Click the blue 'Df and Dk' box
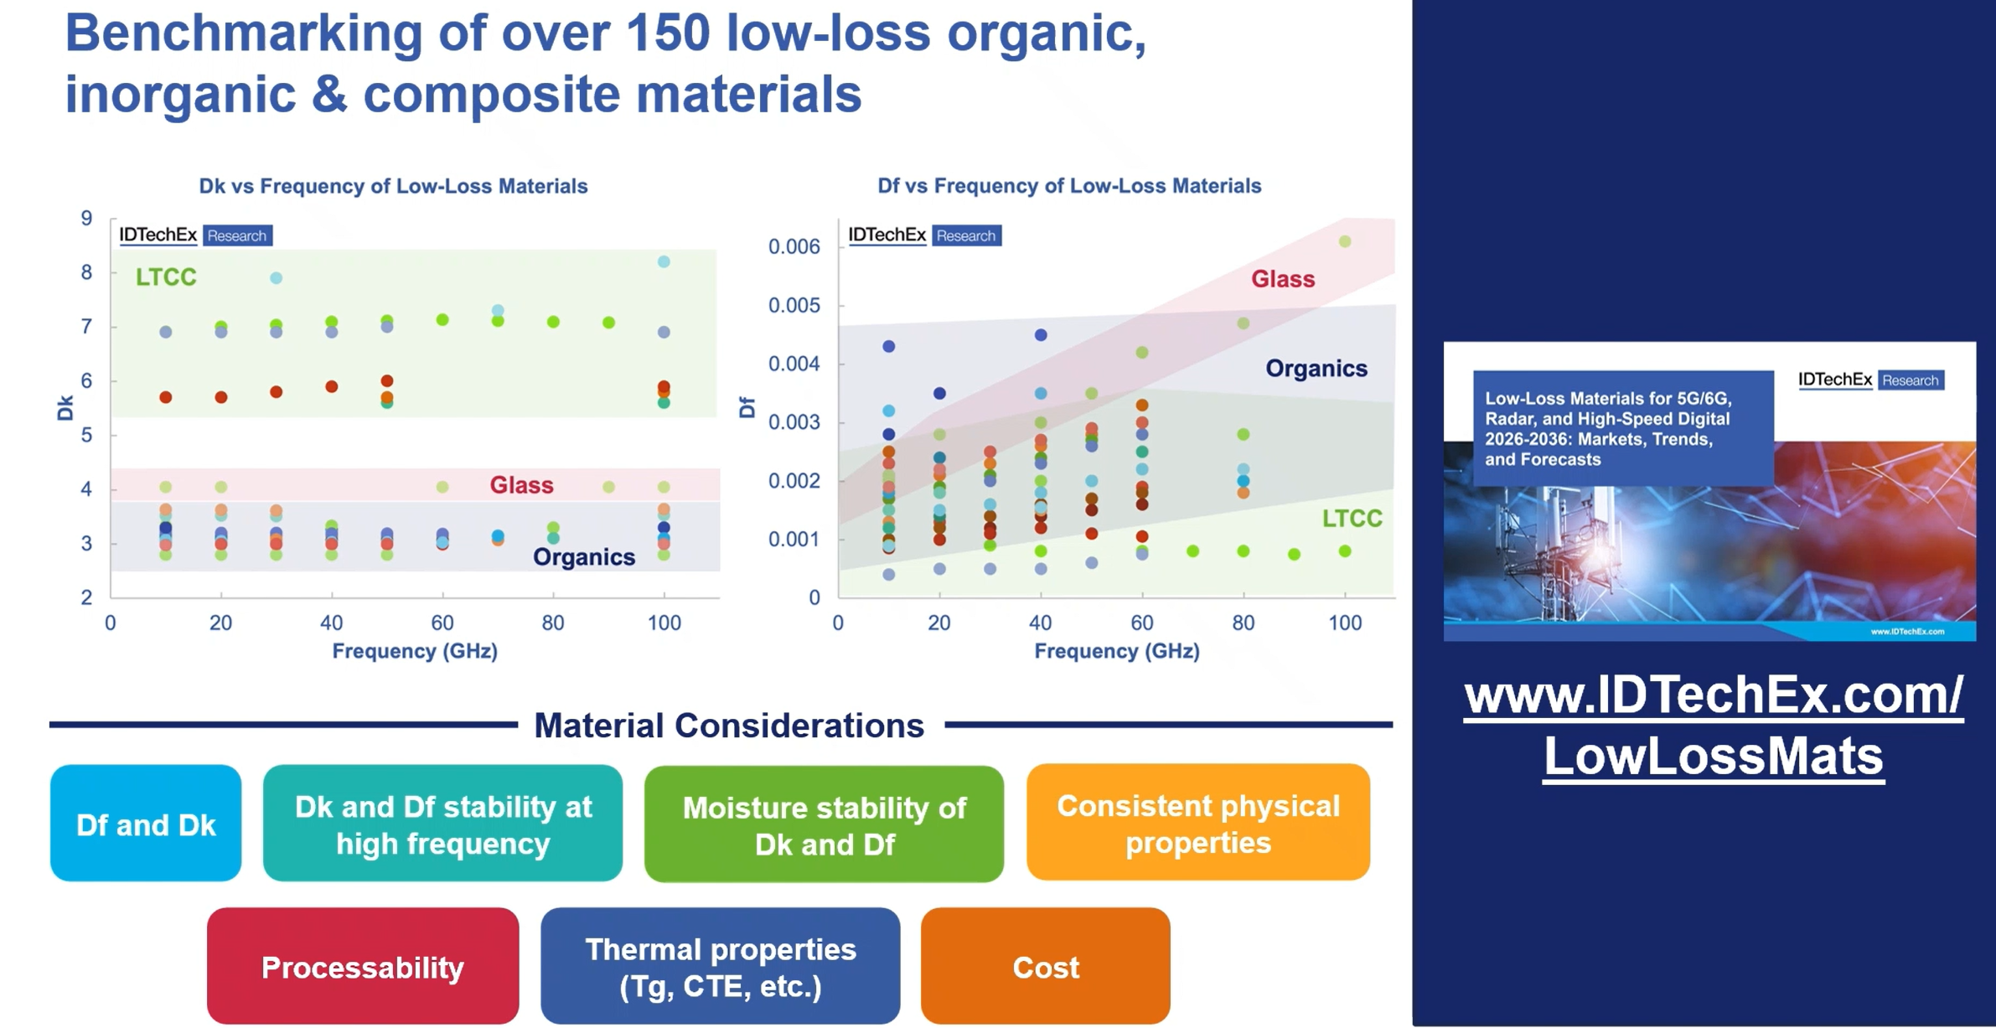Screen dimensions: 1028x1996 pos(146,824)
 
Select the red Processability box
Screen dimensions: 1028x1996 pos(362,966)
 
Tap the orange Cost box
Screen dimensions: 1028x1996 pos(1045,966)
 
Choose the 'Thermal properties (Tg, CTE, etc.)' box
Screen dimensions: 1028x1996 pos(720,966)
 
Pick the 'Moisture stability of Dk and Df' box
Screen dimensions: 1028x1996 pos(824,824)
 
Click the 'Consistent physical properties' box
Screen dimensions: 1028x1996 pos(1197,823)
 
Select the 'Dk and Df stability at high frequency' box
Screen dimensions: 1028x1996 pos(442,824)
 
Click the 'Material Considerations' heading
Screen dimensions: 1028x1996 pos(729,726)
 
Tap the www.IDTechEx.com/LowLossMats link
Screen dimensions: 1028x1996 pos(1714,726)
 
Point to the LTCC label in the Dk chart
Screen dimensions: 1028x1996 pos(166,277)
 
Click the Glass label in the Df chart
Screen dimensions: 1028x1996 pos(1282,279)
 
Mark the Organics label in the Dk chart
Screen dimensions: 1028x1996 pos(584,557)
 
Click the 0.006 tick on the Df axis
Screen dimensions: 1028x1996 pos(794,247)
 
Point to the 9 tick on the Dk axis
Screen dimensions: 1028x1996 pos(86,219)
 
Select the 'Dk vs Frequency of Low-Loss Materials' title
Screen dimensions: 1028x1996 pos(393,186)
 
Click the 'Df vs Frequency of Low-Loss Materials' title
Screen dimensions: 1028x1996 pos(1068,186)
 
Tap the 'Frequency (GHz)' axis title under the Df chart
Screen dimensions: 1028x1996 pos(1116,651)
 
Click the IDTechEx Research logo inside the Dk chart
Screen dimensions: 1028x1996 pos(195,235)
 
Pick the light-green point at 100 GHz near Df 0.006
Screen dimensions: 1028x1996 pos(1345,241)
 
